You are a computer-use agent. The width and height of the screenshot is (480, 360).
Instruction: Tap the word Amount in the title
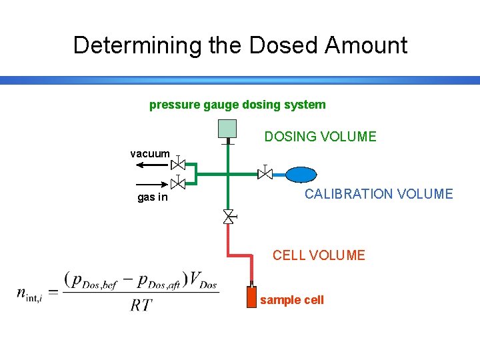pyautogui.click(x=366, y=45)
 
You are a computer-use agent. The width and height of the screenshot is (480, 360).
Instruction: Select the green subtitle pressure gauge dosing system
pyautogui.click(x=237, y=105)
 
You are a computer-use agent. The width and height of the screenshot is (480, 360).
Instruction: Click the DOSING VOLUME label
pyautogui.click(x=320, y=137)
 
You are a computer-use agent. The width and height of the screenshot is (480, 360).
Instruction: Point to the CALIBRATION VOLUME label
pyautogui.click(x=379, y=194)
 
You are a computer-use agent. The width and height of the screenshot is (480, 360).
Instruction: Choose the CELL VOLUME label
pyautogui.click(x=319, y=255)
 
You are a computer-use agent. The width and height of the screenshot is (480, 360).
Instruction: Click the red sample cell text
pyautogui.click(x=292, y=300)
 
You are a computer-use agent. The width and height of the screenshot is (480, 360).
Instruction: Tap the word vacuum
pyautogui.click(x=150, y=154)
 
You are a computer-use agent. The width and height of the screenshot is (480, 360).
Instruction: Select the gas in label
pyautogui.click(x=153, y=197)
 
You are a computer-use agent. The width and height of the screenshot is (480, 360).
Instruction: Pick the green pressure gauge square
pyautogui.click(x=227, y=129)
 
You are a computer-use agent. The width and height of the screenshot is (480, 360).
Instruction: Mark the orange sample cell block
pyautogui.click(x=251, y=297)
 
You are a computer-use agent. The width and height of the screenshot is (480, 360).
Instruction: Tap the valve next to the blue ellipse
pyautogui.click(x=265, y=173)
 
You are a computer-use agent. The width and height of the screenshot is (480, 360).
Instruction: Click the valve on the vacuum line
pyautogui.click(x=178, y=164)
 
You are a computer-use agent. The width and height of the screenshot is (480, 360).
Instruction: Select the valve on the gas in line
pyautogui.click(x=178, y=183)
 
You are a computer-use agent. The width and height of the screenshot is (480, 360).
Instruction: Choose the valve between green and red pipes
pyautogui.click(x=228, y=217)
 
